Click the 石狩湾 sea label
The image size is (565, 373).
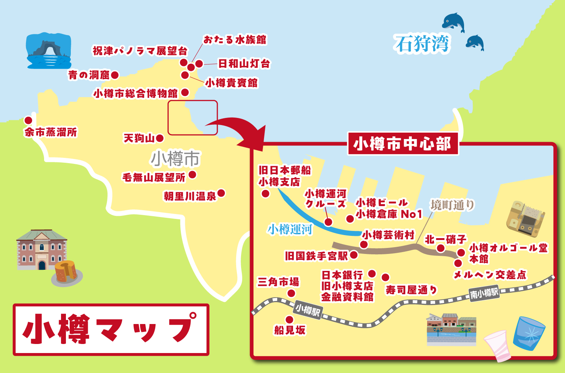point(422,44)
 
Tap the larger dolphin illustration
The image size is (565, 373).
point(453,21)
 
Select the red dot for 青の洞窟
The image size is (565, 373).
point(115,75)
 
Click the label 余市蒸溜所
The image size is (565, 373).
point(50,132)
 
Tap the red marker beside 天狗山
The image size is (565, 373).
point(160,138)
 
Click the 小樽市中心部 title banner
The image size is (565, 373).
point(403,144)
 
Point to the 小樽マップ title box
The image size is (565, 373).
point(111,329)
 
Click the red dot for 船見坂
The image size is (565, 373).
point(289,320)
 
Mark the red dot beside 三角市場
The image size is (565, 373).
point(291,293)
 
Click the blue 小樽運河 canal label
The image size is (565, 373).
point(290,229)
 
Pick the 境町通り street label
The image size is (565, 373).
point(452,205)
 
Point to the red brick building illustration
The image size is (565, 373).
point(41,249)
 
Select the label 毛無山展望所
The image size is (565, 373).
point(154,177)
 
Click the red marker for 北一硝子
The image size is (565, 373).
point(441,248)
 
